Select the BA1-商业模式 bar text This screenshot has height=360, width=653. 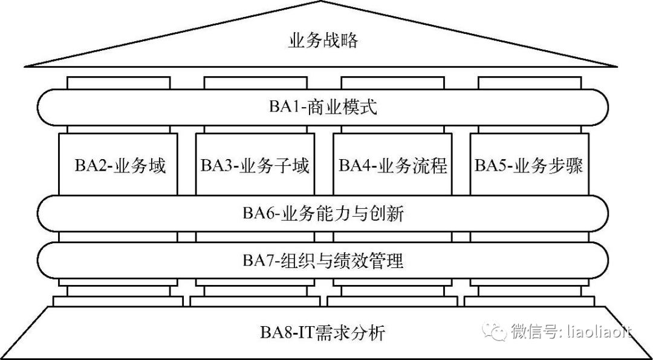point(323,108)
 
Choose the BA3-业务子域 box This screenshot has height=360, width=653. point(255,165)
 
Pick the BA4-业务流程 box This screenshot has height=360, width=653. point(392,165)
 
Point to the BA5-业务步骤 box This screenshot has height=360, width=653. point(528,165)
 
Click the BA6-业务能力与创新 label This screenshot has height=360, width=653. point(323,213)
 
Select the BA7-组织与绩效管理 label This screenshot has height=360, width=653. point(323,261)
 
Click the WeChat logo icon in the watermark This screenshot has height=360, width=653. point(497,331)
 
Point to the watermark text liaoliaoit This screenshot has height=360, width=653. point(599,332)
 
